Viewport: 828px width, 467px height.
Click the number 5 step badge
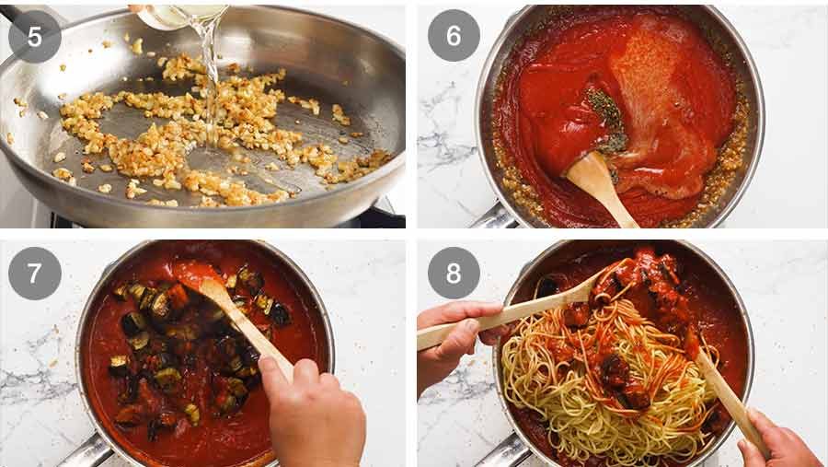(35, 36)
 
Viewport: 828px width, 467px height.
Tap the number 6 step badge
(454, 36)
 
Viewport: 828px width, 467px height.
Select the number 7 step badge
(35, 274)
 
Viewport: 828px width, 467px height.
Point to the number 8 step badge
(454, 274)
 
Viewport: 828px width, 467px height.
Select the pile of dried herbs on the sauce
(607, 120)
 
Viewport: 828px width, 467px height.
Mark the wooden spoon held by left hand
(515, 313)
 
